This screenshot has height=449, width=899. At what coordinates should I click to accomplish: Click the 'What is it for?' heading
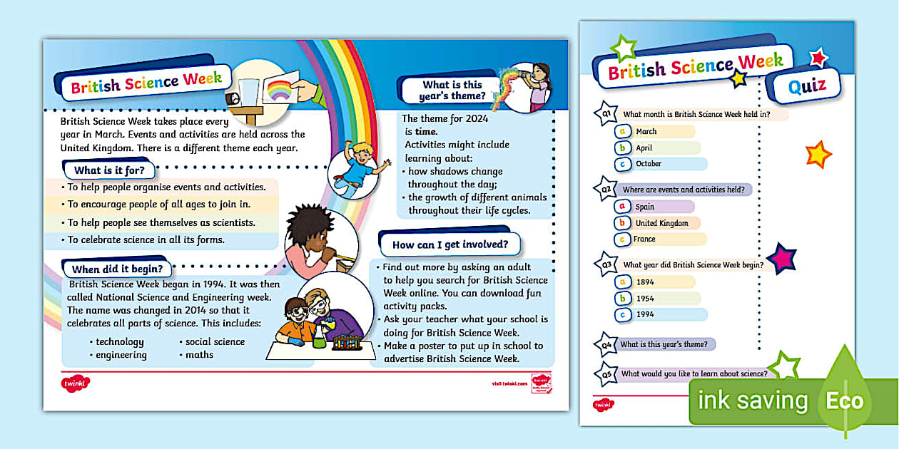pos(108,170)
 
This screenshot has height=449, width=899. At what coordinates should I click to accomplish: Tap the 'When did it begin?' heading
pos(117,269)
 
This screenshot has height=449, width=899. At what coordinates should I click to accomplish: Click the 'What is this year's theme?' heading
pos(452,91)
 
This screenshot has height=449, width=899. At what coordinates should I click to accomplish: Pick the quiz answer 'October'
pos(649,164)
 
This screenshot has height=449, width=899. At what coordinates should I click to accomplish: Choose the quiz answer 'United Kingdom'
pos(661,223)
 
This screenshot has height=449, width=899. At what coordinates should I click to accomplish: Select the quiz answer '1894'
pos(645,282)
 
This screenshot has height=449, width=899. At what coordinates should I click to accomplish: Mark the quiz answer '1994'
pos(645,314)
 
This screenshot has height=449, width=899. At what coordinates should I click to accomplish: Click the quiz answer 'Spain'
pos(645,207)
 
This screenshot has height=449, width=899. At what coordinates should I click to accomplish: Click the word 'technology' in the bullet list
pos(120,342)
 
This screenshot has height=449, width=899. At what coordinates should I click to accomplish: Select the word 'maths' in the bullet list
pos(199,355)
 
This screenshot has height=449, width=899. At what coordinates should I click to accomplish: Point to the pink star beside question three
pos(783,258)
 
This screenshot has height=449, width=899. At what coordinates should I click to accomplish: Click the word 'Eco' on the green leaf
pos(845,401)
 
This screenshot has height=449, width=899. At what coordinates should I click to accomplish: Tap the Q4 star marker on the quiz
pos(605,345)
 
